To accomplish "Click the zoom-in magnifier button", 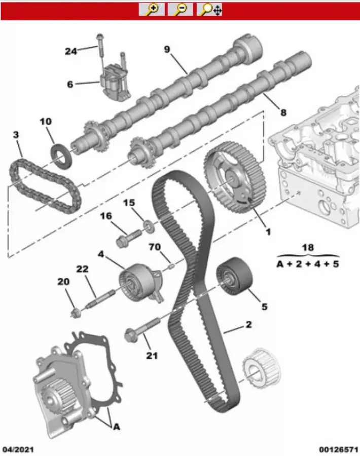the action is point(152,9).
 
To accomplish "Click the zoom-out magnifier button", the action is point(180,9).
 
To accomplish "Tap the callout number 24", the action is point(70,52).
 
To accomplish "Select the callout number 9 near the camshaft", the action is point(167,50).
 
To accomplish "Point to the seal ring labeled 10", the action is point(61,156).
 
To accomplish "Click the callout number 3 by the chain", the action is point(16,135).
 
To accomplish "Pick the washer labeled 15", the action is point(149,226).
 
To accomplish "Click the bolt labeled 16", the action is point(128,238).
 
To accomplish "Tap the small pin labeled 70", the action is point(171,266).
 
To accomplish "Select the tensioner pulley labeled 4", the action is point(140,282).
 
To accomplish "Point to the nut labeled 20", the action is point(76,313).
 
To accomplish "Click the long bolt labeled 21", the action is point(142,330).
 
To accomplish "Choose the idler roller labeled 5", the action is point(234,276).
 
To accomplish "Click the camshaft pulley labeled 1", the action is point(235,177).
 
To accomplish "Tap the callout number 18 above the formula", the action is point(308,247).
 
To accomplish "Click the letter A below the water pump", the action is point(116,427).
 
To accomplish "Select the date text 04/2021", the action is point(18,449).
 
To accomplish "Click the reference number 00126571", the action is point(339,449).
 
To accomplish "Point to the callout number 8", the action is point(283,112).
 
